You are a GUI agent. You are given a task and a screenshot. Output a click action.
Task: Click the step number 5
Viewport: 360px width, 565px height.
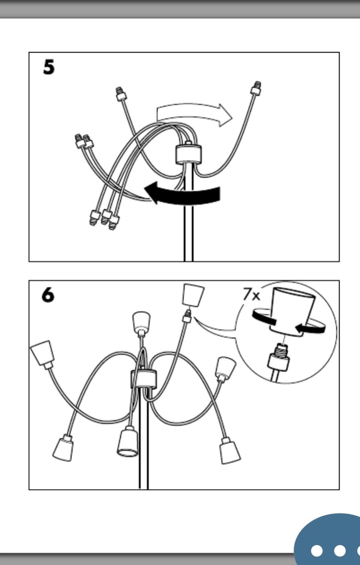[x=48, y=67]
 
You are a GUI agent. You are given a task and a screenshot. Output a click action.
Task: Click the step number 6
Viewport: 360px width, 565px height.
[x=48, y=295]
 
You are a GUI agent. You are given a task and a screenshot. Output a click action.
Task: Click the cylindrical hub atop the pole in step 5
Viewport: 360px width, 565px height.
[x=188, y=153]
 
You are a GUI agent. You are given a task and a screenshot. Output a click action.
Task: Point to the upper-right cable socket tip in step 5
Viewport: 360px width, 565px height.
[x=256, y=88]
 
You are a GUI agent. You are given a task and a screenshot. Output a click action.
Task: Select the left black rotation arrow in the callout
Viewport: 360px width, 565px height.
[x=264, y=318]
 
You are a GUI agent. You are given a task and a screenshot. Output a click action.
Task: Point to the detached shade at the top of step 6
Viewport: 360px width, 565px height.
[x=193, y=295]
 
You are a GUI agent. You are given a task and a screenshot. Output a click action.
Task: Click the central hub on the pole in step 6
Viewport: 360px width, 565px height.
[x=144, y=379]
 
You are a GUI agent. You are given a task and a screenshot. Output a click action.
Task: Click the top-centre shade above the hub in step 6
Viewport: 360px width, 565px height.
[x=141, y=323]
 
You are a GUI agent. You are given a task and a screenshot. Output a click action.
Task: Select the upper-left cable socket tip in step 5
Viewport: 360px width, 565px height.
[x=121, y=94]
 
